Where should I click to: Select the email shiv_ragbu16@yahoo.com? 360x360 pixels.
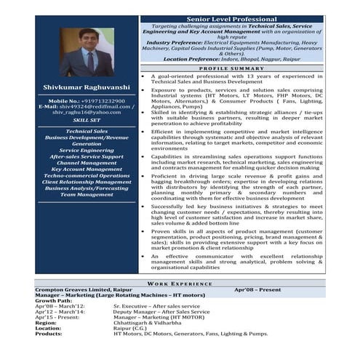pos(87,113)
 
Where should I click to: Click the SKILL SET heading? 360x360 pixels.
pos(87,120)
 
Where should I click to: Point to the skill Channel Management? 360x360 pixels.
pos(87,162)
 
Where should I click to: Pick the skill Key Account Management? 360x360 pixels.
pos(87,169)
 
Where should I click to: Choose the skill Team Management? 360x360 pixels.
pos(87,194)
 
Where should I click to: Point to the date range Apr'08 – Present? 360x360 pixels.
pos(257,289)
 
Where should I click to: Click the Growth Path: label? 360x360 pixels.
pos(54,300)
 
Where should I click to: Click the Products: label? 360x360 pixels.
pos(49,333)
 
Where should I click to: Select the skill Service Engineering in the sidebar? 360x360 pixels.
pos(87,150)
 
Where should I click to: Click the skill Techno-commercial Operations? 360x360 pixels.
pos(87,175)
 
